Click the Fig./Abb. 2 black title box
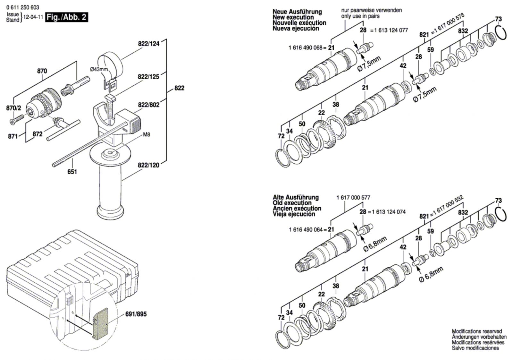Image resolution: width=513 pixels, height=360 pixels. (67, 17)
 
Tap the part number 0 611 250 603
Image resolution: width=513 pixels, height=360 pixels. (23, 8)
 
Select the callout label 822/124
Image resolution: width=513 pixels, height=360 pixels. (148, 44)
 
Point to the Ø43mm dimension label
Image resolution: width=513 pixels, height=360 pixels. (99, 69)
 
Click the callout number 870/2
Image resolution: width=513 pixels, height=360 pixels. (13, 108)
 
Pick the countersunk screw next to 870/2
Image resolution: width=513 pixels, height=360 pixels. (17, 119)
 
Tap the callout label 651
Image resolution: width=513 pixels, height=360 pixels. (72, 171)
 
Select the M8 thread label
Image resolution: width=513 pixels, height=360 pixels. (147, 134)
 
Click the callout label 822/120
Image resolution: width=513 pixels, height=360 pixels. (148, 165)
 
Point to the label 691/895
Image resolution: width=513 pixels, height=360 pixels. (136, 314)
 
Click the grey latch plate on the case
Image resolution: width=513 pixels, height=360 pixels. (101, 323)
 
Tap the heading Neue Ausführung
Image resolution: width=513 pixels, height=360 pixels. (297, 12)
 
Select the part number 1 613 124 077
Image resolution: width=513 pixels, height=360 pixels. (391, 30)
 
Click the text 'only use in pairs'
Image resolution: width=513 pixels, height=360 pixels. (360, 16)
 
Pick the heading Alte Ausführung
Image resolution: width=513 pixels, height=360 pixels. (296, 197)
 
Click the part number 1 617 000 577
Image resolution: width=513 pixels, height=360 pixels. (353, 198)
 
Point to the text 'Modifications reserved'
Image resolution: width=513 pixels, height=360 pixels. (477, 331)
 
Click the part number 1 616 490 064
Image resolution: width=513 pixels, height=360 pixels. (306, 230)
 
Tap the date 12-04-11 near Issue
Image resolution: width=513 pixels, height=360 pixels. (33, 17)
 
